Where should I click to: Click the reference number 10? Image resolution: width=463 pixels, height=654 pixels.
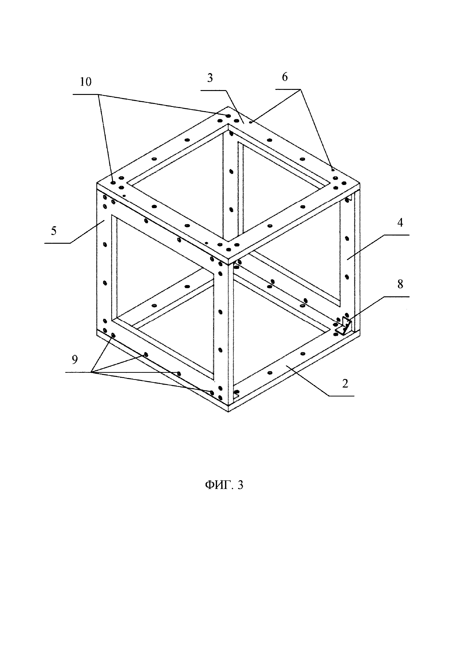pyautogui.click(x=86, y=82)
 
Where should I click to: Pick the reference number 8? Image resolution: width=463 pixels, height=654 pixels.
pyautogui.click(x=400, y=284)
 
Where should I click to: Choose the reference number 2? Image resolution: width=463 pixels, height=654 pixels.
pyautogui.click(x=345, y=384)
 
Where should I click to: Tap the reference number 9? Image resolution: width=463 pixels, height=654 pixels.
pyautogui.click(x=75, y=360)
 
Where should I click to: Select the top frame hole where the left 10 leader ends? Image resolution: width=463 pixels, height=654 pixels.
pyautogui.click(x=113, y=182)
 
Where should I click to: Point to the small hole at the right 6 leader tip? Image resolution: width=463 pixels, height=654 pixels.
pyautogui.click(x=333, y=170)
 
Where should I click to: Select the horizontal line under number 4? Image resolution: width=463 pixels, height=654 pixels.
pyautogui.click(x=396, y=235)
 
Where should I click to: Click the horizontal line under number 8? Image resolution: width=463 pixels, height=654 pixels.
pyautogui.click(x=396, y=297)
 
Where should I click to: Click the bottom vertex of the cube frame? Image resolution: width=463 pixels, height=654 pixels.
pyautogui.click(x=228, y=412)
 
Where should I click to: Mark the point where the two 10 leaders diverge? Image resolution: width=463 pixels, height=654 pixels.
pyautogui.click(x=99, y=94)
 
